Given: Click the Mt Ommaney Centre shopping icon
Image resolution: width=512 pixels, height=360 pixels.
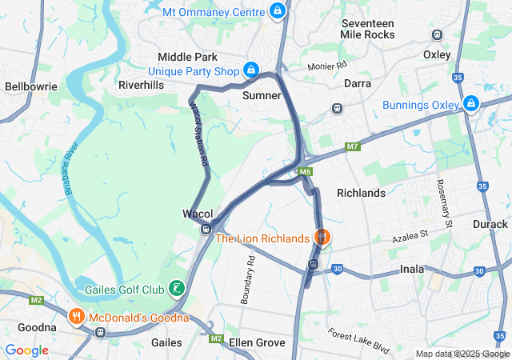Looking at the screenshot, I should (278, 10).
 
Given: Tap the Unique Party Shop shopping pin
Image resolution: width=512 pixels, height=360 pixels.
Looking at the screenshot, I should (250, 70).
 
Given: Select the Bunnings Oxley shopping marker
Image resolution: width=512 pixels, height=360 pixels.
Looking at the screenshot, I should (471, 104).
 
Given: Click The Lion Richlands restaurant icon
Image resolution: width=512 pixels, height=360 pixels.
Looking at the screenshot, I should (322, 237).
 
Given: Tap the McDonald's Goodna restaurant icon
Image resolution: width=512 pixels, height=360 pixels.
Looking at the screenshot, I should (77, 316).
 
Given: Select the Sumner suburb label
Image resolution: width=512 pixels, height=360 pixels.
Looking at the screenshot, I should (262, 95).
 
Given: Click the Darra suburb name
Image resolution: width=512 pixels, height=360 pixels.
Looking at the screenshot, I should (358, 83).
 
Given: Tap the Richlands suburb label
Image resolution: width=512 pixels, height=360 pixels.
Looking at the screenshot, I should (361, 193).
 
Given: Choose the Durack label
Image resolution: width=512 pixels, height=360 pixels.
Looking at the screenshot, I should (490, 224).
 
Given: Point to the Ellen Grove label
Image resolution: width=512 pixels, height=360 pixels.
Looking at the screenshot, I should (257, 342).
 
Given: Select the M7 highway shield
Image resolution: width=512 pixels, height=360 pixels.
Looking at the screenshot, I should (352, 146).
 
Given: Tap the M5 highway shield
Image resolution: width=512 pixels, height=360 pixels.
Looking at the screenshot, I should (305, 171).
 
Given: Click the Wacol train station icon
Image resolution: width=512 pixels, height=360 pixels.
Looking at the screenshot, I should (206, 230).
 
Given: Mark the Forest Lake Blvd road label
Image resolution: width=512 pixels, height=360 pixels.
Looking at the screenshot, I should (358, 341).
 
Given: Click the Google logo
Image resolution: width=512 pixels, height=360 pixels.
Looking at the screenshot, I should (27, 350).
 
